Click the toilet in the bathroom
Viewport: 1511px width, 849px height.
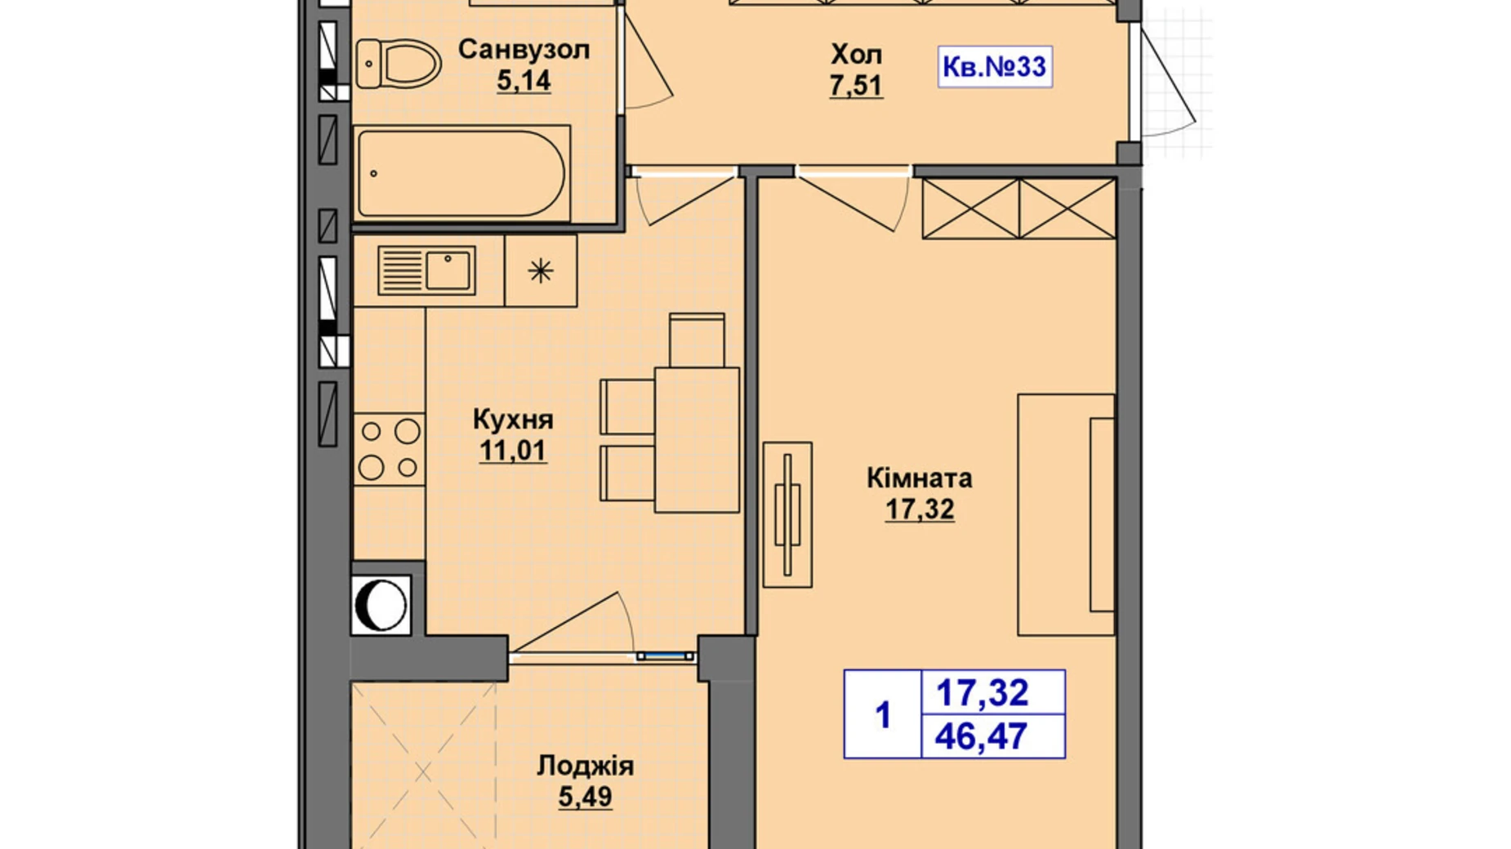coord(398,64)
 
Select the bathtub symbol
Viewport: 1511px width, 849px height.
coord(461,173)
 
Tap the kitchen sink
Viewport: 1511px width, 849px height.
coord(426,270)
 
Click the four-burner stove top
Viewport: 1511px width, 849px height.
coord(389,450)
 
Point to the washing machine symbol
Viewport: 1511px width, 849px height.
coord(381,606)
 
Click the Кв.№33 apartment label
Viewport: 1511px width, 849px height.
coord(994,66)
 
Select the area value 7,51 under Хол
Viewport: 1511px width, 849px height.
coord(856,85)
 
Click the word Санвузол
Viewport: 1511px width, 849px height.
coord(524,49)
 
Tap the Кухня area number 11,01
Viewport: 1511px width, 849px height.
coord(512,450)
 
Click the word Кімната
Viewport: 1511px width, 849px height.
coord(919,478)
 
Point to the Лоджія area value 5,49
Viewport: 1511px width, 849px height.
coord(585,796)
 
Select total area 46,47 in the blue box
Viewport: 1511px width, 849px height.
coord(981,736)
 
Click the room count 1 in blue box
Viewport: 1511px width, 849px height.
coord(882,715)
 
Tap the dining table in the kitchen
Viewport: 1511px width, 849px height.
coord(697,440)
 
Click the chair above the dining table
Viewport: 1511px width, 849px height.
coord(697,340)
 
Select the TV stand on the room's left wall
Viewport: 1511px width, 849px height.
coord(787,514)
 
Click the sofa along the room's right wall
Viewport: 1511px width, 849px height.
coord(1065,514)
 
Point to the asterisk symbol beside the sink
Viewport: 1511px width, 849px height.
coord(541,270)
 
